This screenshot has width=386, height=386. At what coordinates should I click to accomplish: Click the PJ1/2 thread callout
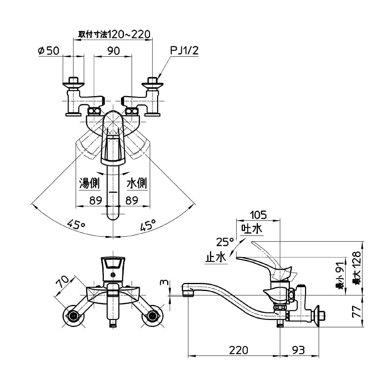click(184, 51)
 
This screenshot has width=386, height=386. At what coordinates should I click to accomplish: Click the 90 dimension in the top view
click(113, 51)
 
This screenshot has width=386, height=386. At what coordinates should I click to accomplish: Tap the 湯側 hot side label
click(90, 183)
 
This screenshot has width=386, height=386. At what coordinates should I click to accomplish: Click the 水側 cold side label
click(137, 183)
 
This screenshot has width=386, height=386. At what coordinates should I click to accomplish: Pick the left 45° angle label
click(76, 224)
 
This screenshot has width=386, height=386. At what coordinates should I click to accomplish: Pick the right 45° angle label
click(148, 224)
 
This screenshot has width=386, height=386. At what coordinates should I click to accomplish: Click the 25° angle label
click(225, 242)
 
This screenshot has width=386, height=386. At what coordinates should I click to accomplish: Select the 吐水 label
click(252, 229)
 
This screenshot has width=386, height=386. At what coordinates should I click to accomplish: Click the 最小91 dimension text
click(339, 275)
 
